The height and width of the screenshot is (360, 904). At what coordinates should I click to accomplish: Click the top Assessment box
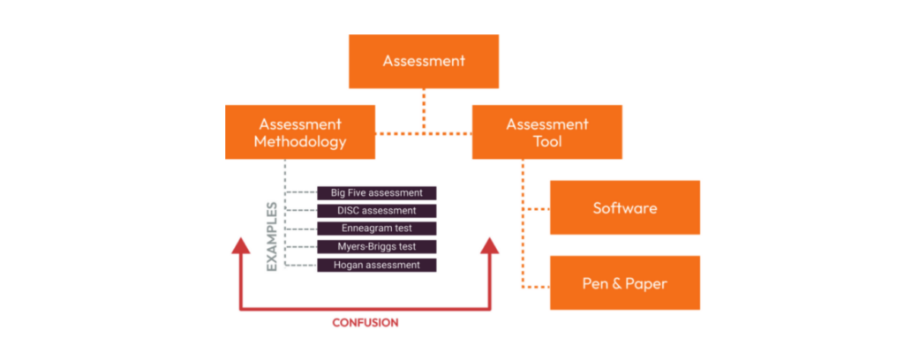pos(424,61)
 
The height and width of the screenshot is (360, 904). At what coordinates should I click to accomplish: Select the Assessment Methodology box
pos(299,132)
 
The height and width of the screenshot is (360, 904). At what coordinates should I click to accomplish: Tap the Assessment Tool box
pos(546,132)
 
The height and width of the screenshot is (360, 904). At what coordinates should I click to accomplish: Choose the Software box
pos(624,208)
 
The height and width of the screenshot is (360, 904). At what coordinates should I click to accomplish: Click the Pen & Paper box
pos(624,283)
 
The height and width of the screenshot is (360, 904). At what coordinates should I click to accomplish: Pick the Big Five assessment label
pos(377,192)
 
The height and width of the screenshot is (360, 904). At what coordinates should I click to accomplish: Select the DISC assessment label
pos(377,211)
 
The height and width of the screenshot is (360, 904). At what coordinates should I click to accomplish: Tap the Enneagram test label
pos(377,229)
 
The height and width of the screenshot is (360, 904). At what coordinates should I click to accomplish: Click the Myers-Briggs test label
pos(377,246)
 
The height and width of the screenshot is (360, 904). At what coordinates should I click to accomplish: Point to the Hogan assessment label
pos(377,265)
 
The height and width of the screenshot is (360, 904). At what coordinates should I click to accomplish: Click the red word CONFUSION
pos(365,323)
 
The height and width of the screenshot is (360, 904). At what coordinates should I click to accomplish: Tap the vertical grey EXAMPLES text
pos(272,236)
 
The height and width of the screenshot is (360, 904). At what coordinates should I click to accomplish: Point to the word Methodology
pos(299,141)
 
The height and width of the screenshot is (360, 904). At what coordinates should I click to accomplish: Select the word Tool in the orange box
pos(546,141)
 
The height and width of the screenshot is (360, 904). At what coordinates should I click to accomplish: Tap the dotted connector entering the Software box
pos(536,209)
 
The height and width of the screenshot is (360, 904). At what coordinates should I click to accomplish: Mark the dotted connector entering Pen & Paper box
pos(536,287)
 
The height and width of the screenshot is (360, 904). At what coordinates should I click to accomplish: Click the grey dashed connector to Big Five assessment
pos(302,192)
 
